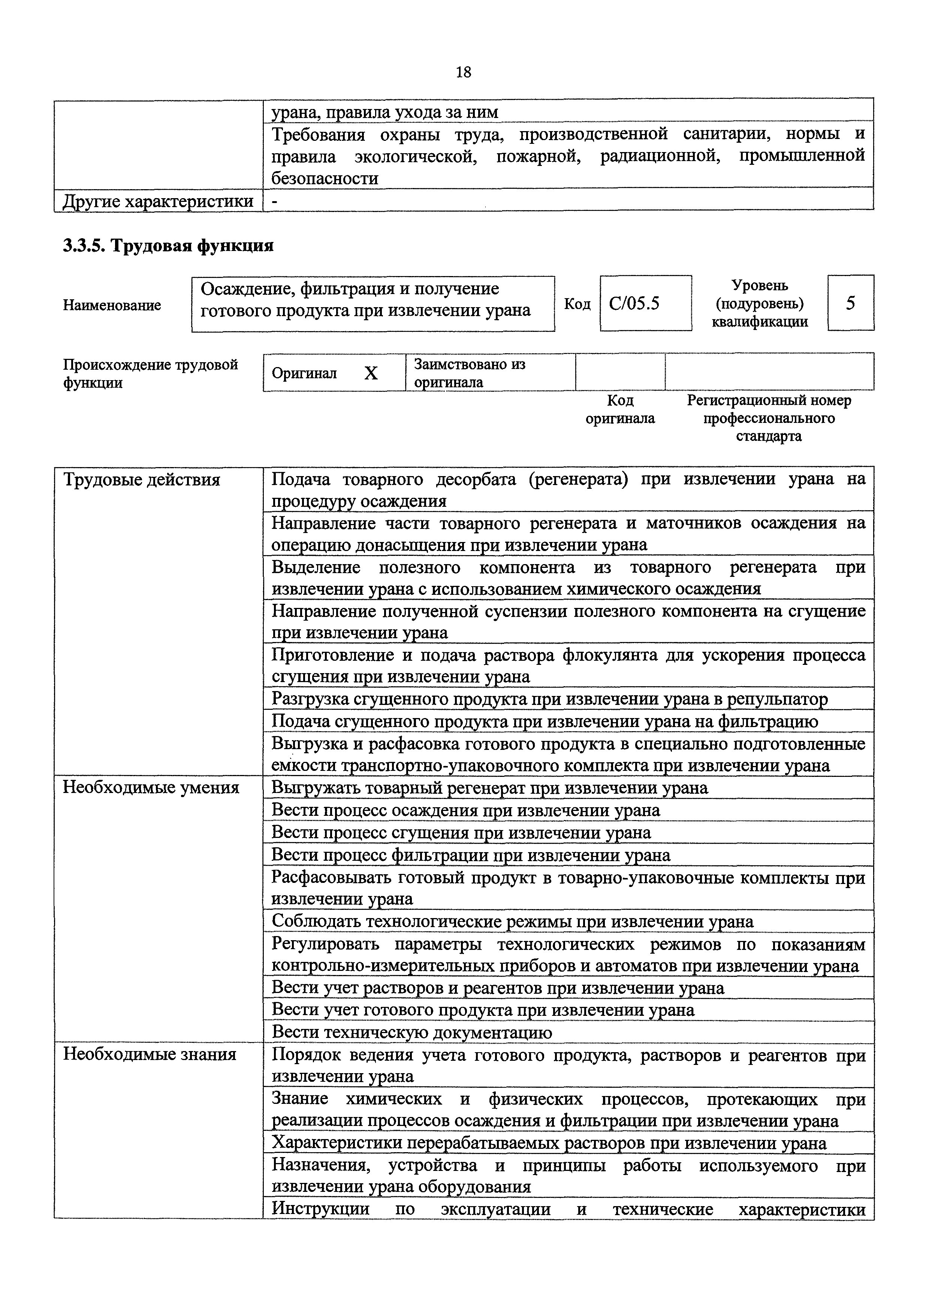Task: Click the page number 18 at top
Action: [464, 72]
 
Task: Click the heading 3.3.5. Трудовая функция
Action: [168, 246]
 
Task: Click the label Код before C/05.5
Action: [577, 304]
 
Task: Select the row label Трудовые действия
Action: [141, 479]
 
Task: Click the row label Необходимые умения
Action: [151, 788]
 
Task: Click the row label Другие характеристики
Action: [158, 202]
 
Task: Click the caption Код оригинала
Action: [620, 409]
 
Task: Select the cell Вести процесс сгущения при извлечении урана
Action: [461, 833]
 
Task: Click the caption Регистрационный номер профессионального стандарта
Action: [769, 418]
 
